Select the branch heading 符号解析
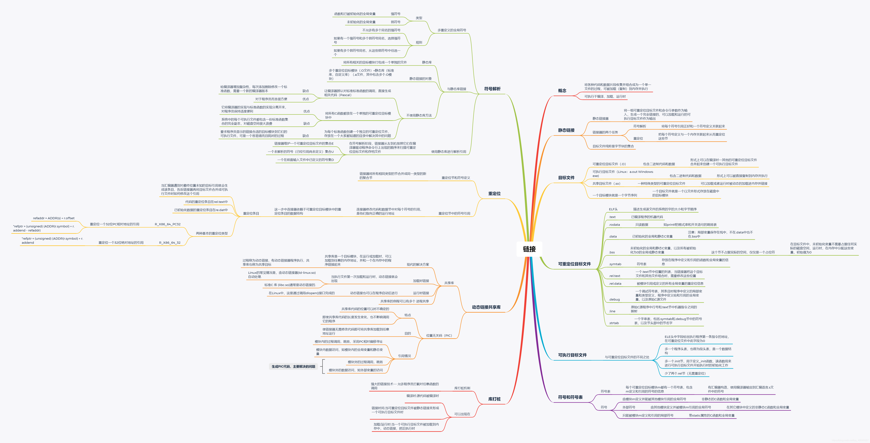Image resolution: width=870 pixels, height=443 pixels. tap(492, 89)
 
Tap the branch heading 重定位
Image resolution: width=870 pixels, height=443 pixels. tap(494, 194)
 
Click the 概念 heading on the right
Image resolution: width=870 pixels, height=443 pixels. tap(562, 91)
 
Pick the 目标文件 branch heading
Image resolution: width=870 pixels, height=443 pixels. tap(566, 178)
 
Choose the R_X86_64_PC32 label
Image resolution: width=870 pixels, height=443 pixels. tap(168, 224)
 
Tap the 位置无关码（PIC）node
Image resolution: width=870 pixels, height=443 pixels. tap(439, 336)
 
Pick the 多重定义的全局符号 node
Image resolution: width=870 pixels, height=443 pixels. tap(452, 30)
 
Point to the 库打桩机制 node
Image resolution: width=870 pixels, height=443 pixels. tap(462, 388)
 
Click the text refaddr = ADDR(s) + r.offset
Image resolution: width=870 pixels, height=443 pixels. tap(54, 218)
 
